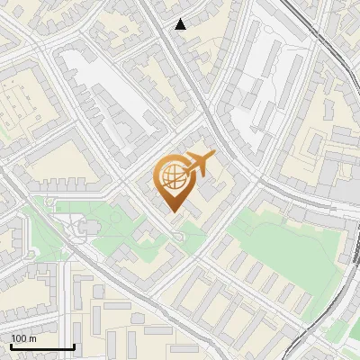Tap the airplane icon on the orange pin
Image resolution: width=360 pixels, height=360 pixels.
198,163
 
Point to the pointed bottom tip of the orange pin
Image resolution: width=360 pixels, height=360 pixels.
174,211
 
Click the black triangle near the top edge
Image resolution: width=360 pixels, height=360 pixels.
181,24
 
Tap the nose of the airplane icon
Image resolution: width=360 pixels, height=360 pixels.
215,155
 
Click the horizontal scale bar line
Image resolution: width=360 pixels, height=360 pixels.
42,346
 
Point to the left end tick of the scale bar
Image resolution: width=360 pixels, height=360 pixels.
11,345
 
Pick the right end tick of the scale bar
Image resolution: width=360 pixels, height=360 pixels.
74,345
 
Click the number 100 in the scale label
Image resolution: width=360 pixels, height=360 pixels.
18,338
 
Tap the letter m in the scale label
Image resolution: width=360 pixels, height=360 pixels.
31,339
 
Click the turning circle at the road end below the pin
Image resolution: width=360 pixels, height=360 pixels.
179,236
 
